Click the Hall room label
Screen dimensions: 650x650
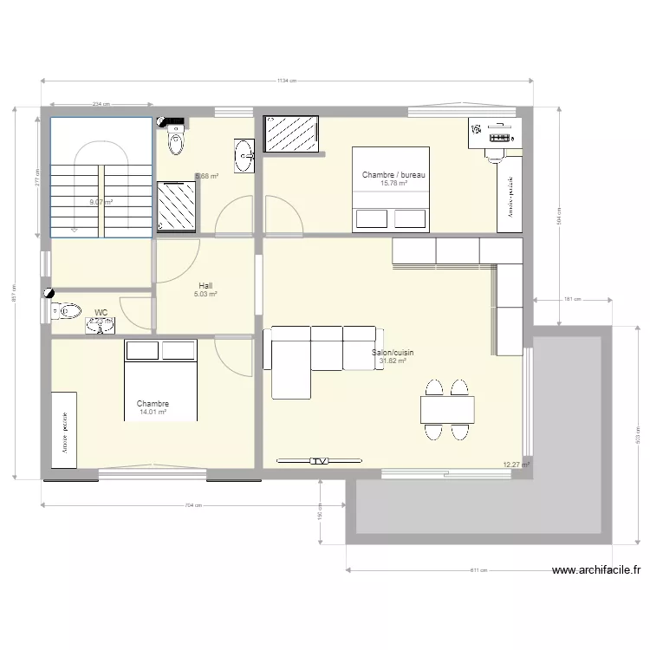pos(205,285)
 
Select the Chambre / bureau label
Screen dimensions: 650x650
pos(393,176)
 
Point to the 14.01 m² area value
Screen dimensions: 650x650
pos(153,413)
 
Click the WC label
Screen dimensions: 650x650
pos(101,312)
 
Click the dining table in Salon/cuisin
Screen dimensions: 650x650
pos(447,408)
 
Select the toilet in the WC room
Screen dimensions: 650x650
pos(68,309)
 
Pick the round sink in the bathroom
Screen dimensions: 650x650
pos(243,157)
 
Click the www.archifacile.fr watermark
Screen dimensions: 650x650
pos(596,570)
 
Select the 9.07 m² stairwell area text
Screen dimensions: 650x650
pos(101,203)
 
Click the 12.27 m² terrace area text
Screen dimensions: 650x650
pos(517,465)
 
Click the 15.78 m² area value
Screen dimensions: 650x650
pos(393,184)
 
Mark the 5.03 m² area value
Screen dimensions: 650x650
pos(205,294)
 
